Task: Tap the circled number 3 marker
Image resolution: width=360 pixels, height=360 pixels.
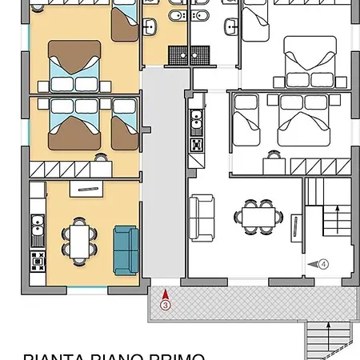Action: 164,305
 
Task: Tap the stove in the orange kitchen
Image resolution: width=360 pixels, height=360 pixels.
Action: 35,260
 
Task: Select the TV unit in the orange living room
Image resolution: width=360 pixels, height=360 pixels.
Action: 82,188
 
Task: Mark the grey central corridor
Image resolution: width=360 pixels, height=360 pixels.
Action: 162,176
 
